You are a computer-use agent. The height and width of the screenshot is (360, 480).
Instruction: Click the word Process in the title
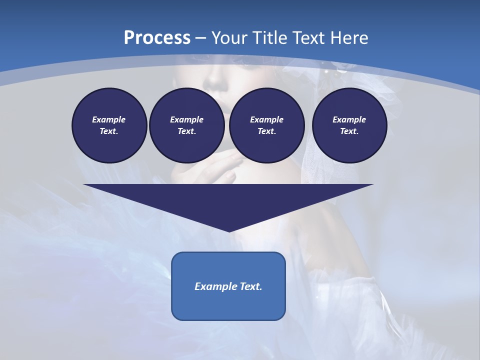(x=157, y=37)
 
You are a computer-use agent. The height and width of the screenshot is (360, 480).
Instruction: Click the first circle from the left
(x=109, y=125)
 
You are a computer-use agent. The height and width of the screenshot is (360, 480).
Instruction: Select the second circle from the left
(x=186, y=125)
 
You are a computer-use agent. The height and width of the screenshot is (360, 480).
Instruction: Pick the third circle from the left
(x=266, y=125)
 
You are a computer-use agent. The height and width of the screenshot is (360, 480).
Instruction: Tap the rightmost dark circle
(x=349, y=125)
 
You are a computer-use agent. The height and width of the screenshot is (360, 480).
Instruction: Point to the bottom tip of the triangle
(x=229, y=231)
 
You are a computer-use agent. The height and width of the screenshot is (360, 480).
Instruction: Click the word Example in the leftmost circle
(x=109, y=119)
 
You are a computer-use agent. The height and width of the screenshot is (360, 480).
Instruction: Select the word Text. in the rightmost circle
(x=349, y=131)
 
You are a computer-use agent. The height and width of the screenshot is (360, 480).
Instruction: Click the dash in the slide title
(x=200, y=38)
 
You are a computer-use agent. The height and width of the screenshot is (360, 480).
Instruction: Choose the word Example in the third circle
(x=266, y=119)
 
